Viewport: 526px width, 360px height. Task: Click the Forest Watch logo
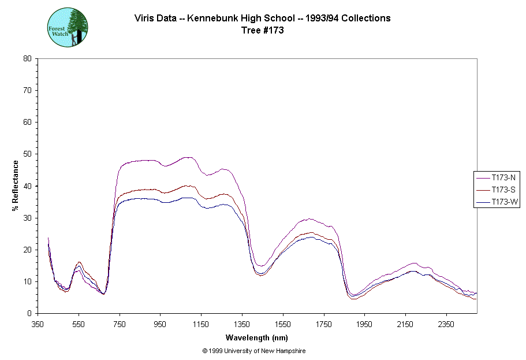click(67, 27)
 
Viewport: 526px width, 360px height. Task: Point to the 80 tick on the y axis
click(27, 58)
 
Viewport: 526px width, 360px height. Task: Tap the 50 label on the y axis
click(27, 154)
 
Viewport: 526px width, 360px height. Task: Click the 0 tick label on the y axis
click(29, 313)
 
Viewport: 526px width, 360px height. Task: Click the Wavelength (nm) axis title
click(256, 337)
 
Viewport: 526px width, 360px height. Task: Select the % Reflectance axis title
click(16, 185)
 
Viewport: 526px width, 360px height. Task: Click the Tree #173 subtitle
click(262, 31)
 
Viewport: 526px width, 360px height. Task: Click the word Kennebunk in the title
click(205, 18)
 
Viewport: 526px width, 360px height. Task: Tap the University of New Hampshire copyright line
click(254, 351)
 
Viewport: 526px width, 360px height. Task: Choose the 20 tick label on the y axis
click(27, 250)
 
